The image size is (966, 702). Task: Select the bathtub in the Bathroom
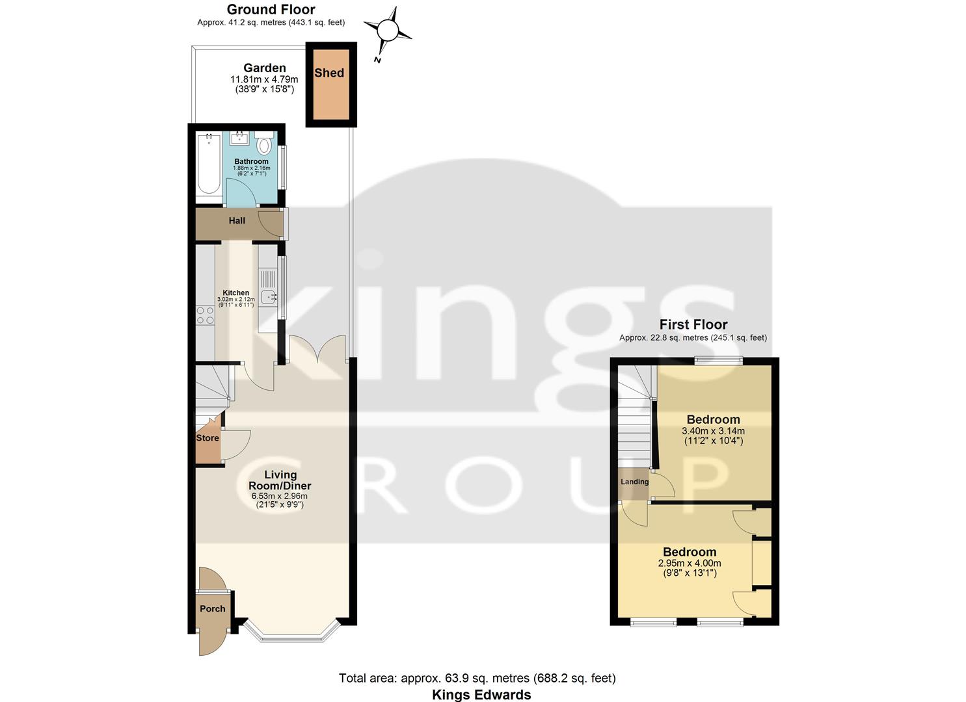209,164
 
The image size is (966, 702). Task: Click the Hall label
237,221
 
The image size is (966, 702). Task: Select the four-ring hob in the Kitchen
206,315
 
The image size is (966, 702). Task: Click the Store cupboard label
208,438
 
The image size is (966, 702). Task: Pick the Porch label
212,609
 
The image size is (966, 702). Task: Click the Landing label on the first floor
634,482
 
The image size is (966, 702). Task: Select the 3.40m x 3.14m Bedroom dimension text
713,431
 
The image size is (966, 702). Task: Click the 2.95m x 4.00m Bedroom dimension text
690,564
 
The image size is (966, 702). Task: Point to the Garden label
264,68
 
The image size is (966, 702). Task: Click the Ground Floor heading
271,10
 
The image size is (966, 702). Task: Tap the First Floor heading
693,324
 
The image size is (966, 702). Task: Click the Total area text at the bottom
477,679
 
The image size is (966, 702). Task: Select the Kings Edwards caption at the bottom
481,695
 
